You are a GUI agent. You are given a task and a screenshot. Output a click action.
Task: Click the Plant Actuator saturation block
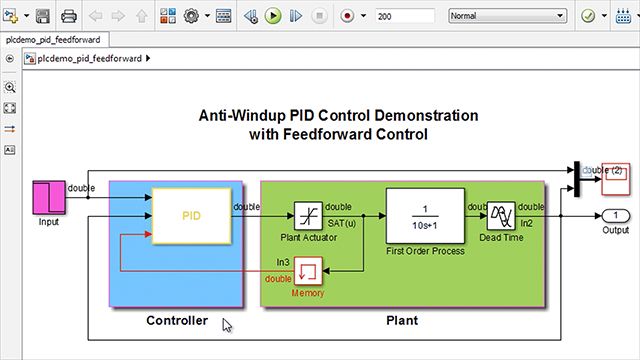pos(307,215)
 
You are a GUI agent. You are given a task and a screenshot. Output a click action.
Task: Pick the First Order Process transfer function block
pos(425,215)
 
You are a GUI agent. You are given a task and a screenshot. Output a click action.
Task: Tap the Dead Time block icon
pos(501,215)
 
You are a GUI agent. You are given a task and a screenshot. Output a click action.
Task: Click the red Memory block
pos(308,270)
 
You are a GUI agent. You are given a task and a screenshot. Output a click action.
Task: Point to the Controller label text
pos(177,321)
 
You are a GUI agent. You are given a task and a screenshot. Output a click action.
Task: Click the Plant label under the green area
pos(401,321)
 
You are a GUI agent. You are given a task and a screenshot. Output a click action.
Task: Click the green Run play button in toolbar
pos(273,17)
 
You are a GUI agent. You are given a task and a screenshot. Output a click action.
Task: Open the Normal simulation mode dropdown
pos(506,17)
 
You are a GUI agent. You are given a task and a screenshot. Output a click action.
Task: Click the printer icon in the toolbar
pos(69,17)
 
